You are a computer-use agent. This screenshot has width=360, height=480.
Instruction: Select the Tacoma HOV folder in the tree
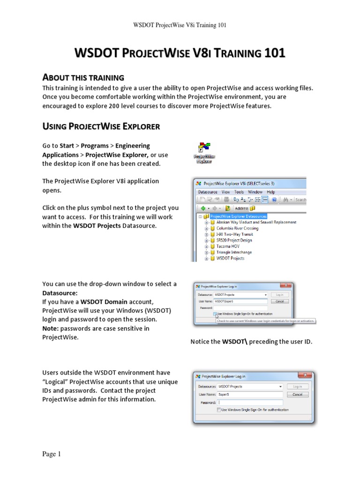click(228, 246)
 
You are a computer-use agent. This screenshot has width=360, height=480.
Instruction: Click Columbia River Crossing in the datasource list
click(237, 228)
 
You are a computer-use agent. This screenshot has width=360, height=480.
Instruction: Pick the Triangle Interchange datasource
click(234, 252)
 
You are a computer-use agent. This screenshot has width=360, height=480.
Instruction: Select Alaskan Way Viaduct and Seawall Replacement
click(256, 222)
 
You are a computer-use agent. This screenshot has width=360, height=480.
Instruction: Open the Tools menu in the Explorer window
click(239, 192)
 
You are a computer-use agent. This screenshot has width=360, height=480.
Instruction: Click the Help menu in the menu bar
click(271, 192)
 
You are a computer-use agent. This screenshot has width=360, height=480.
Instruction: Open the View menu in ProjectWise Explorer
click(225, 192)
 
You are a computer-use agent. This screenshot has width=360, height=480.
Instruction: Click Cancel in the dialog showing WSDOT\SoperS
click(279, 301)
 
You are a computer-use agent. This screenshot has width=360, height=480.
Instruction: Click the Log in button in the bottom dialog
click(297, 386)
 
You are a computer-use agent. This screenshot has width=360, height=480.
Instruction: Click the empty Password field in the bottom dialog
click(250, 402)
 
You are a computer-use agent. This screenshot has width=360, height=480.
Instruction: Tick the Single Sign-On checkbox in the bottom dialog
click(219, 410)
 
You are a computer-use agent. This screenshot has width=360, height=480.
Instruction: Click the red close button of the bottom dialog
click(305, 376)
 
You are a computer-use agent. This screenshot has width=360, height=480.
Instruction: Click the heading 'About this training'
click(83, 77)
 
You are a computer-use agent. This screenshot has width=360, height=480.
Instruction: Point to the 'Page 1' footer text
click(52, 454)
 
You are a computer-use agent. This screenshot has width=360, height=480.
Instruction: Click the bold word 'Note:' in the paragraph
click(51, 328)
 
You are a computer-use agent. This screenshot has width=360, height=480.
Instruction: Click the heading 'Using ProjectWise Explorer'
click(101, 126)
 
